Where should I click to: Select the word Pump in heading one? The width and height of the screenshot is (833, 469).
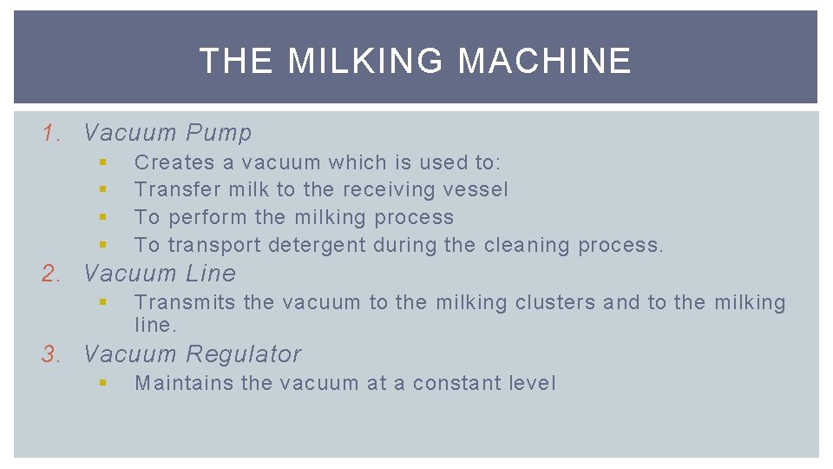(x=219, y=133)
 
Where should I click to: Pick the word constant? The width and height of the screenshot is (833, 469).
(x=449, y=383)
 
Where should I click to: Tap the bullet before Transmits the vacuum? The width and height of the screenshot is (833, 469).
(x=102, y=302)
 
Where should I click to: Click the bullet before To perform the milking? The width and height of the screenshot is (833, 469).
(x=102, y=217)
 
